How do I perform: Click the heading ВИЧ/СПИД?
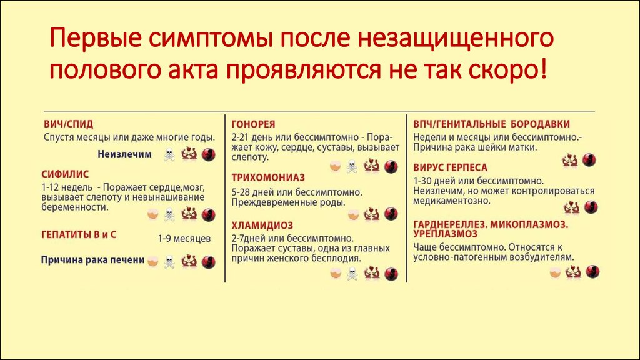69,124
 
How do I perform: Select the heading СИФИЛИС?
65,174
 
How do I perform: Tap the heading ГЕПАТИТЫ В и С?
79,235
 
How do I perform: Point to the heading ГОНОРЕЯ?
254,124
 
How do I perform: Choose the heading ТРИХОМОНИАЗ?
268,177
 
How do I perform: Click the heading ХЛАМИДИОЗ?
262,225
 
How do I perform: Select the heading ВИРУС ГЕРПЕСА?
450,167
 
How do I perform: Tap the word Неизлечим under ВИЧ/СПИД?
124,154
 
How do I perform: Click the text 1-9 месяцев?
184,239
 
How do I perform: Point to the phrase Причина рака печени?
92,260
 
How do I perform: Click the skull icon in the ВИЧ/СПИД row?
169,155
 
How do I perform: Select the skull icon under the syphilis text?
169,215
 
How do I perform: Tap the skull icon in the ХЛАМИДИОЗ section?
352,274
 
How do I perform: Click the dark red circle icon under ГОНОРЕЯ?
391,166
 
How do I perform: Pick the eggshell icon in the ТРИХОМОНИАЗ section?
354,215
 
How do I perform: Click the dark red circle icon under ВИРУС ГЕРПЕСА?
590,207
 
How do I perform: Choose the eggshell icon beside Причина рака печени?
152,261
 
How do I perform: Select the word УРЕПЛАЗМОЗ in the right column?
445,234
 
